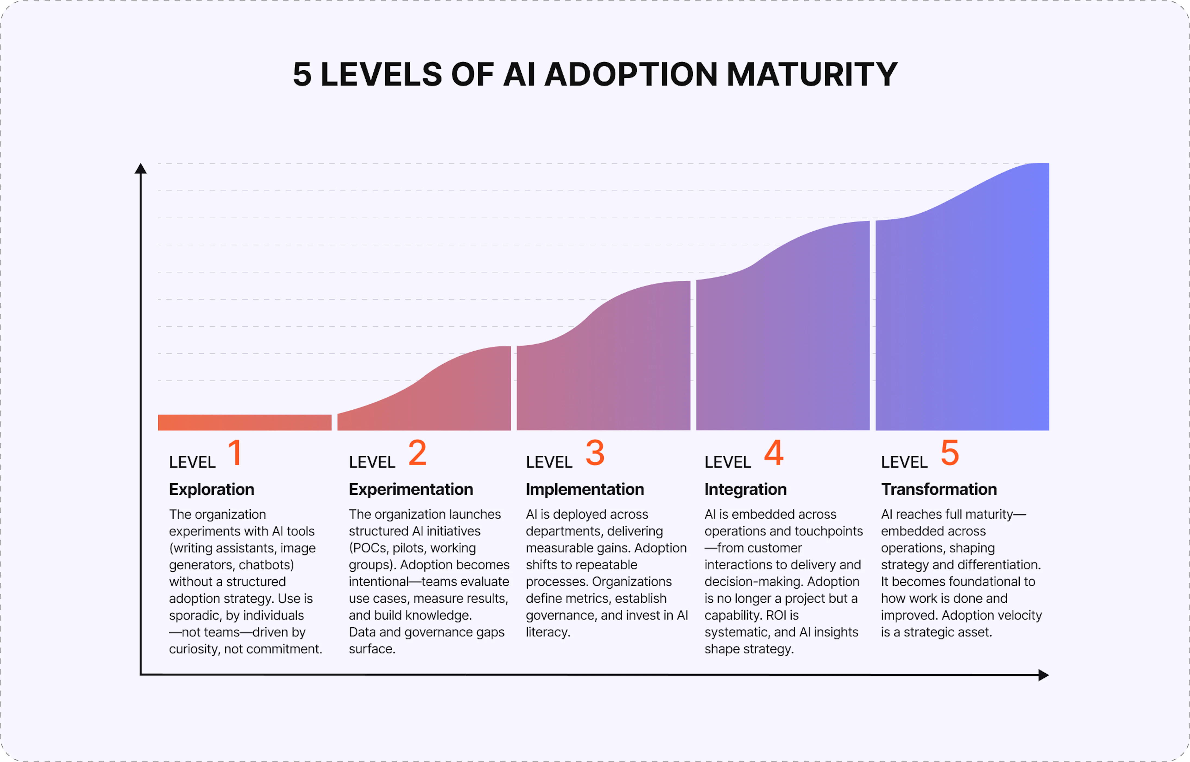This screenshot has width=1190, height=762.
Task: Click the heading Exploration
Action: [212, 489]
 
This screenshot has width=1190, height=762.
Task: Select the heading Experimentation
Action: [411, 489]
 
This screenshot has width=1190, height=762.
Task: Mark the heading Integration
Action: [745, 489]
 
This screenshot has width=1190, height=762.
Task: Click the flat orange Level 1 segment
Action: [244, 423]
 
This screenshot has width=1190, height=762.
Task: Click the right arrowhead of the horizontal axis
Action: [1043, 675]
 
